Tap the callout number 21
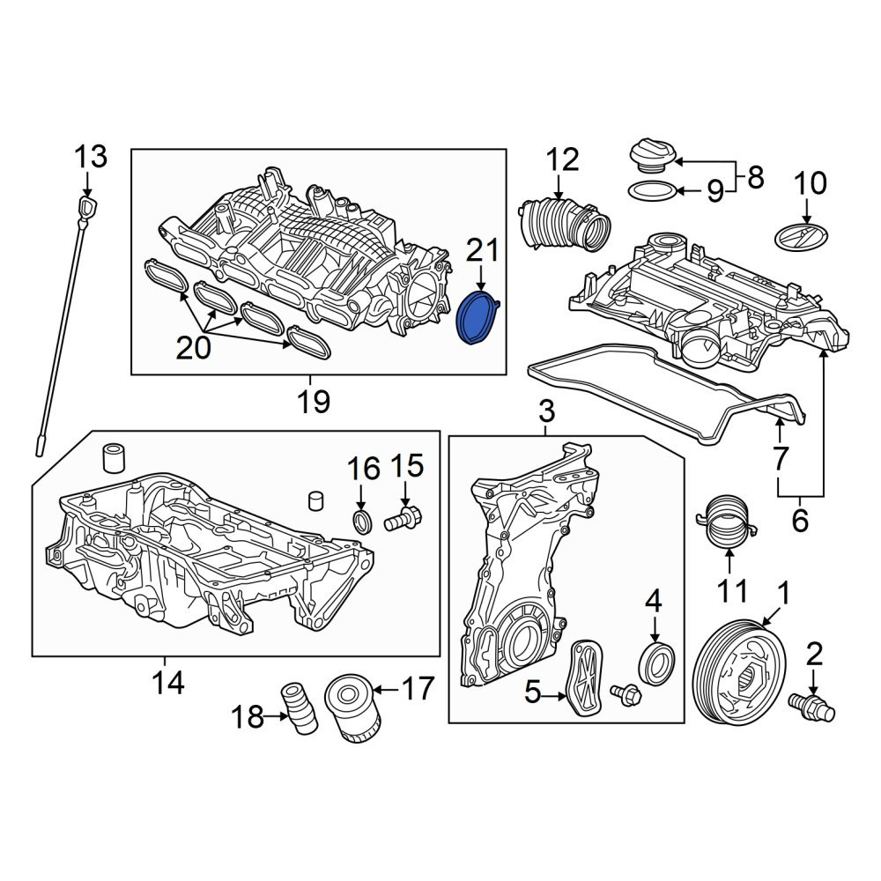pos(483,250)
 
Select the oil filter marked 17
pos(353,709)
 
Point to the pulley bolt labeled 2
pos(812,707)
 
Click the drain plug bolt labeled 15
pos(403,518)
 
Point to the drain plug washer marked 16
pos(362,522)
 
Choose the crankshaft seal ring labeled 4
pos(657,664)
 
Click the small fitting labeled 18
pos(299,707)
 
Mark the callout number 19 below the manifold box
pos(315,401)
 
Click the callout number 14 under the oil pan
pos(168,683)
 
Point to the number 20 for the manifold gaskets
pos(193,348)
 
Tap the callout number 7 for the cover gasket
pos(781,458)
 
